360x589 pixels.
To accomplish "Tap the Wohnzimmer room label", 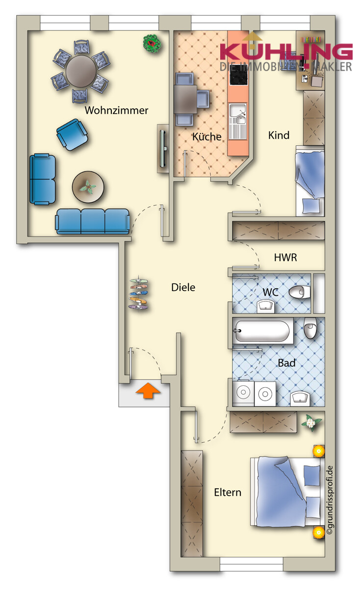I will tap(116, 110).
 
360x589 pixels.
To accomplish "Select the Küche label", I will tap(206, 136).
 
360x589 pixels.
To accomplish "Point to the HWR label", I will tap(285, 257).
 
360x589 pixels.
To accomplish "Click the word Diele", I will tap(183, 288).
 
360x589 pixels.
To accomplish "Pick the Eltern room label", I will tap(228, 492).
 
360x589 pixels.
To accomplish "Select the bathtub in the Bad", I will tap(263, 331).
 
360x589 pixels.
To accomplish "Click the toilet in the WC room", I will tap(300, 293).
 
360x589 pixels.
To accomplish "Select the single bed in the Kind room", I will tap(309, 182).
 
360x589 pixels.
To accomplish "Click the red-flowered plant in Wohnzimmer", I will tap(152, 44).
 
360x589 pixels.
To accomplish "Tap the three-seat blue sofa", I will tap(92, 221).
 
